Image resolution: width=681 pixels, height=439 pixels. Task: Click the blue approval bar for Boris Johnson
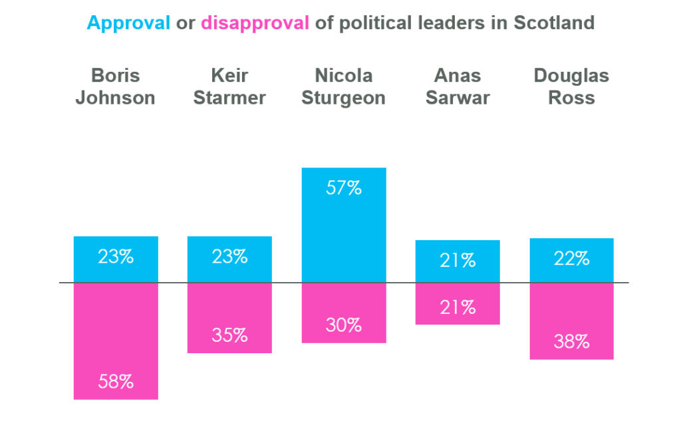click(116, 259)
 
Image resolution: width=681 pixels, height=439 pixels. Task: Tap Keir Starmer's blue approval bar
click(229, 259)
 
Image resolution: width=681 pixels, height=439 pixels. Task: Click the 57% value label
click(344, 188)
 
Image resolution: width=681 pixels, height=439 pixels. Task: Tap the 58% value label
click(116, 382)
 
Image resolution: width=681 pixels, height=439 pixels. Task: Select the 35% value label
click(229, 335)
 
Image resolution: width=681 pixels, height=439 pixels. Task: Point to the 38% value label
click(571, 342)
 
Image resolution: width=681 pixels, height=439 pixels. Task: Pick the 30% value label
click(344, 325)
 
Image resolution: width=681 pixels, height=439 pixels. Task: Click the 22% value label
click(571, 259)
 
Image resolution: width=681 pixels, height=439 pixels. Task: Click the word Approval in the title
click(128, 23)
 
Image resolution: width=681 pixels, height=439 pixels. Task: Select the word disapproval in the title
click(255, 23)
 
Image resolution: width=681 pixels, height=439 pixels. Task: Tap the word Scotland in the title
click(554, 23)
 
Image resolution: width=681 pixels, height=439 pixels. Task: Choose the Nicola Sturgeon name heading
click(344, 86)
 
